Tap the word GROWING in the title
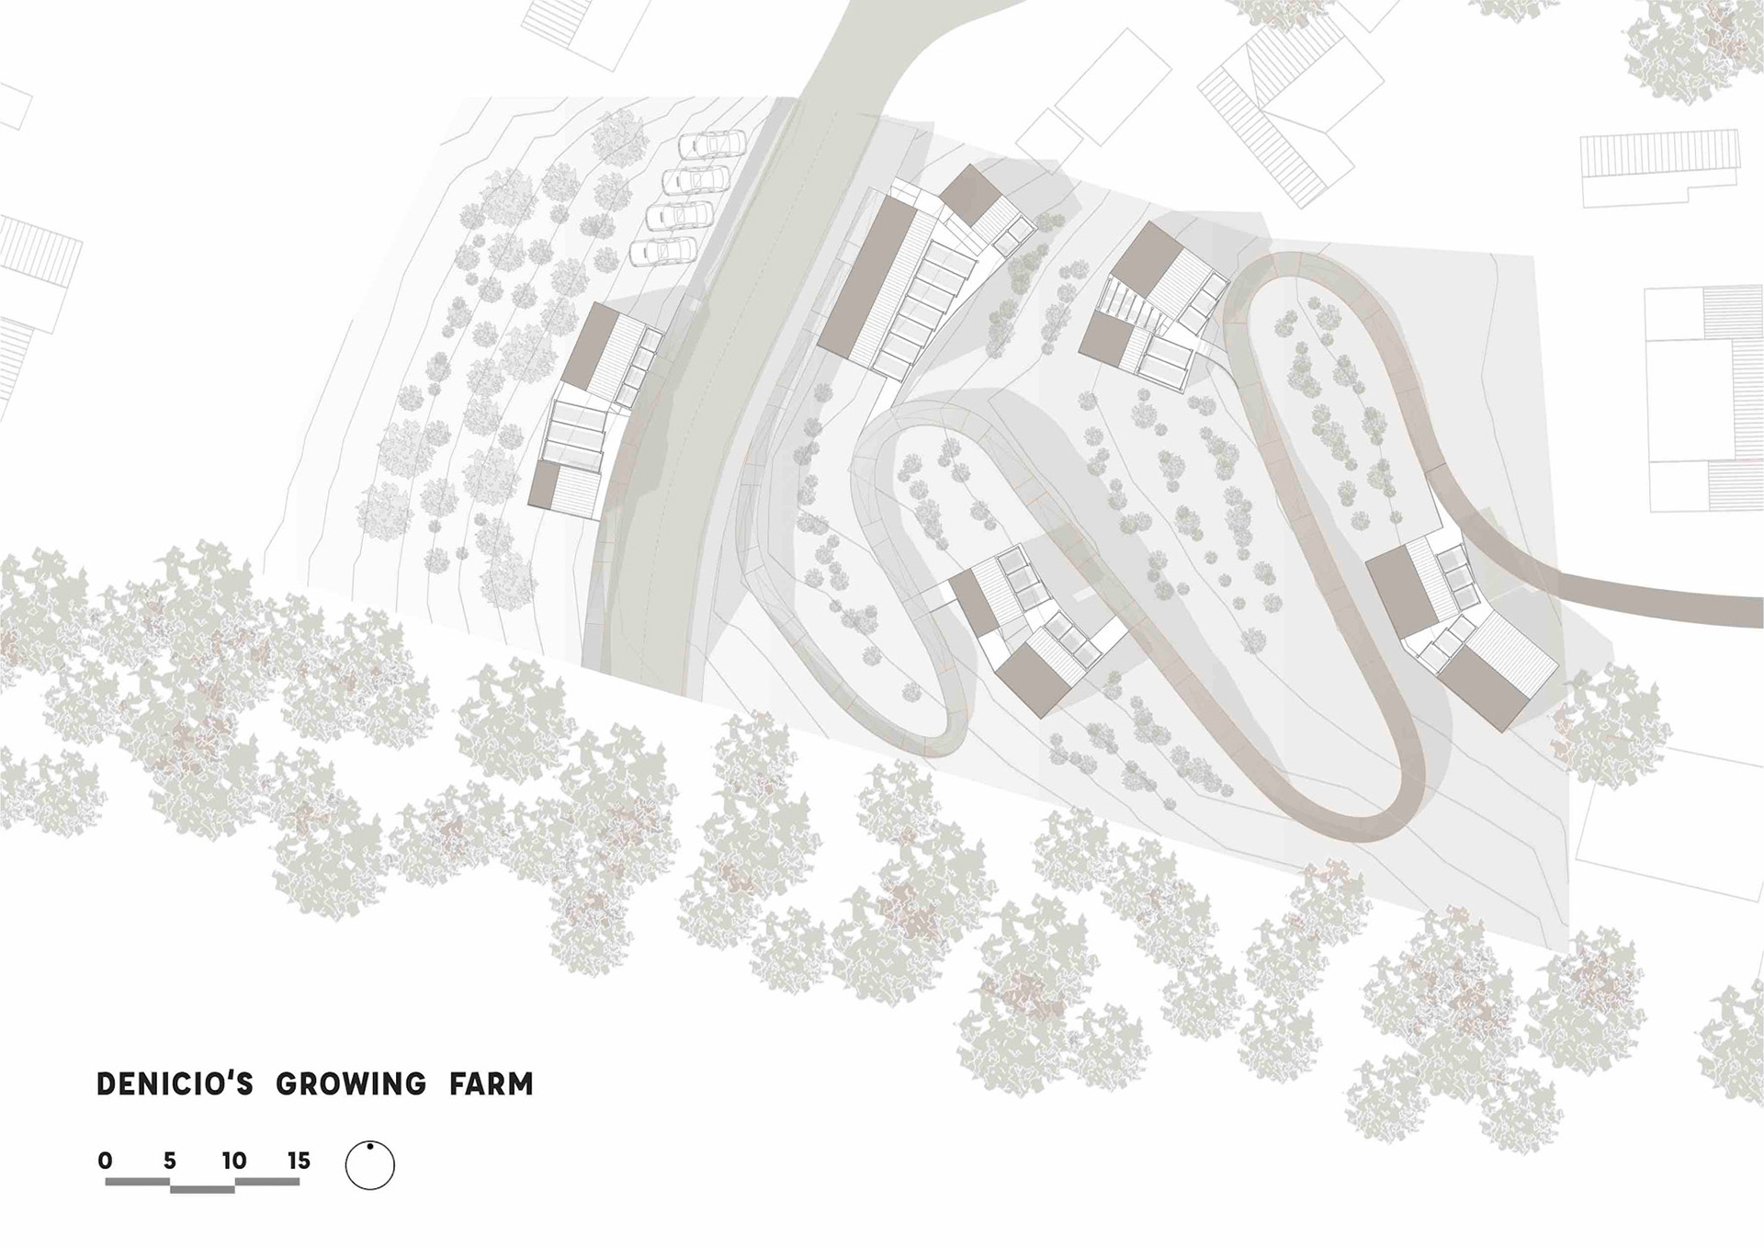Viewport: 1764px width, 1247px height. pyautogui.click(x=351, y=1084)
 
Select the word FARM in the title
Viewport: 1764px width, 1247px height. pyautogui.click(x=492, y=1084)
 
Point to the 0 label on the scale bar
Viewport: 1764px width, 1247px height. pyautogui.click(x=106, y=1161)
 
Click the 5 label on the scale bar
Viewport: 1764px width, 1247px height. pyautogui.click(x=170, y=1161)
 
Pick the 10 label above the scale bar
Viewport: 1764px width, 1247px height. pyautogui.click(x=234, y=1161)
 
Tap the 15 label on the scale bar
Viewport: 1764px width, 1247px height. pyautogui.click(x=299, y=1161)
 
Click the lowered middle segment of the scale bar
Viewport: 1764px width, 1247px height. pyautogui.click(x=202, y=1189)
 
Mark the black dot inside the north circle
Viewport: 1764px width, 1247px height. pyautogui.click(x=369, y=1147)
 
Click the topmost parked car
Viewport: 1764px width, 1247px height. pyautogui.click(x=711, y=144)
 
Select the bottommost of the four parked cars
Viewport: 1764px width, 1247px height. pyautogui.click(x=662, y=250)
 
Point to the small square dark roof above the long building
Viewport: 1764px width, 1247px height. pyautogui.click(x=970, y=193)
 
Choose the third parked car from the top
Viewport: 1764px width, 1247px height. pyautogui.click(x=680, y=214)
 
